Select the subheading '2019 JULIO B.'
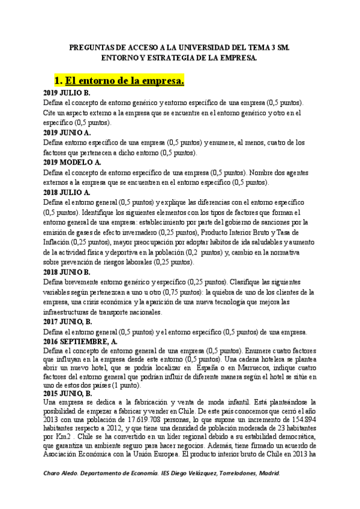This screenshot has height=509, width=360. tap(67, 93)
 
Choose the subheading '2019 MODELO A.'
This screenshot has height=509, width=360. tap(72, 162)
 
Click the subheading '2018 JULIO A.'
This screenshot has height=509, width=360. tap(67, 192)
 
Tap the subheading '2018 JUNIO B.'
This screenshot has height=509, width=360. tap(67, 272)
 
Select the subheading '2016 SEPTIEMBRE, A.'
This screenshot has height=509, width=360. tap(80, 341)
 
